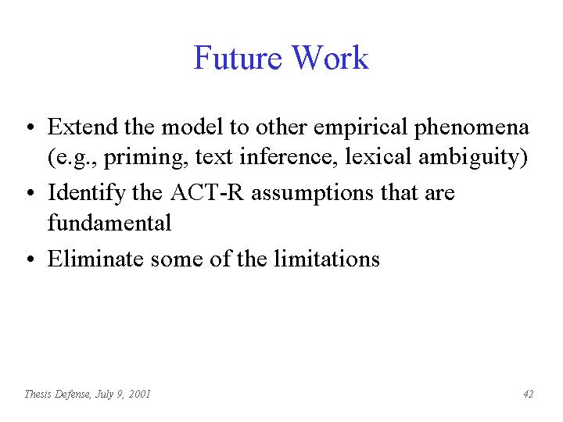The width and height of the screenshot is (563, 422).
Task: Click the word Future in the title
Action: point(238,57)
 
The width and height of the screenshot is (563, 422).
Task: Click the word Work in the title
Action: point(330,57)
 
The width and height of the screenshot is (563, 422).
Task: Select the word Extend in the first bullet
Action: point(83,127)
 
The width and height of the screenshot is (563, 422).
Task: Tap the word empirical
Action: point(360,129)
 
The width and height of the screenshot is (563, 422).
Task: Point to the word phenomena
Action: point(472,129)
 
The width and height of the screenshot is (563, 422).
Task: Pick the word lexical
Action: point(378,157)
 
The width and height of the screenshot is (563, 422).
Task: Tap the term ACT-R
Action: point(207,192)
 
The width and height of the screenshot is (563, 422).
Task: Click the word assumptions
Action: point(312,195)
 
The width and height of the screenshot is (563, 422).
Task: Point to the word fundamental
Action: point(109,223)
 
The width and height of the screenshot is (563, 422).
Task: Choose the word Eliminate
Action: point(95,259)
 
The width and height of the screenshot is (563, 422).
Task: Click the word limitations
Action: point(327,259)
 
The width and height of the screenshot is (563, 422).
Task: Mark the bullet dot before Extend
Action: point(30,127)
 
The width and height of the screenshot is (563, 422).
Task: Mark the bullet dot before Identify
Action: point(30,193)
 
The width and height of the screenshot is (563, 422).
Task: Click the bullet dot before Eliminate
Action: point(30,259)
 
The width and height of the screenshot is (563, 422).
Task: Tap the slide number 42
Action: point(528,394)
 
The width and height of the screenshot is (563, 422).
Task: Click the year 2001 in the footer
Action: point(139,394)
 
